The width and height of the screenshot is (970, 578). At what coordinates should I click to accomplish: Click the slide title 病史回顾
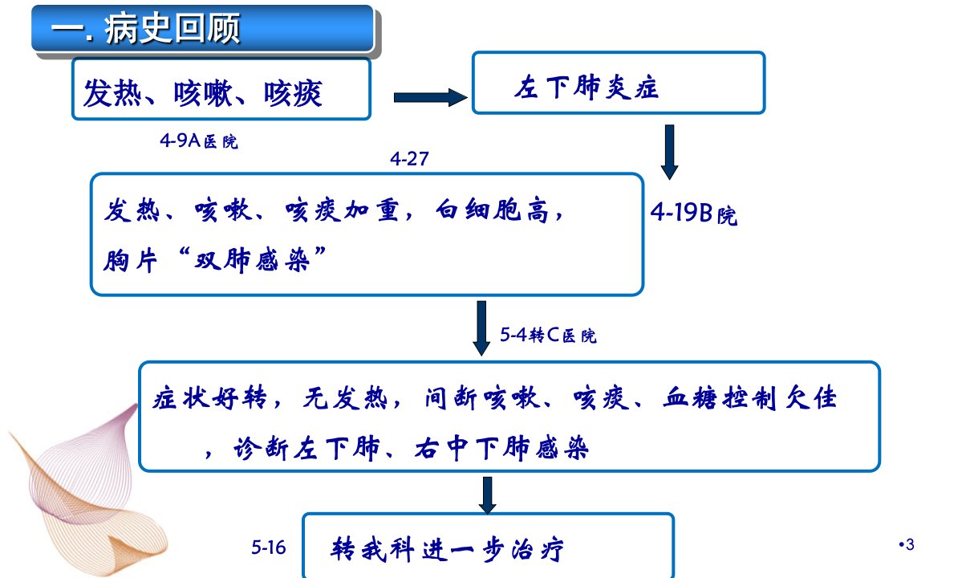[172, 29]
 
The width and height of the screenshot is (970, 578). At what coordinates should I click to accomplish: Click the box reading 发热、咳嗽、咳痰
[221, 89]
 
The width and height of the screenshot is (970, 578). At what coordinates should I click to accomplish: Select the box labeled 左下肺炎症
[619, 83]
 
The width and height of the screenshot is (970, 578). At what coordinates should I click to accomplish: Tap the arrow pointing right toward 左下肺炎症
[430, 97]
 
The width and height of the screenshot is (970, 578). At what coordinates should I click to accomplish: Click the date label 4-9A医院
[199, 141]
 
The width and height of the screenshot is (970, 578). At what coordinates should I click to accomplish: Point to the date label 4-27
[409, 159]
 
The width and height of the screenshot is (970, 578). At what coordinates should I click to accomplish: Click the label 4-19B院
[693, 214]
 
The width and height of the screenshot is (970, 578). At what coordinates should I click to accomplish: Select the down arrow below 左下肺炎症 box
[669, 152]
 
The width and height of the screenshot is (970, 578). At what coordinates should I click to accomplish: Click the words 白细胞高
[493, 211]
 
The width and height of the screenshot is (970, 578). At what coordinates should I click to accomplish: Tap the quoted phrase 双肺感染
[252, 260]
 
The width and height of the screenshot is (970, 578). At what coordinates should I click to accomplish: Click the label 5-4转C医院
[548, 335]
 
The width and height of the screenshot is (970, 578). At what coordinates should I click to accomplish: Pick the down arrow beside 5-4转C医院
[481, 328]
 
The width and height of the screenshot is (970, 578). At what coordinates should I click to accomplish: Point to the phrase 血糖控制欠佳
[749, 397]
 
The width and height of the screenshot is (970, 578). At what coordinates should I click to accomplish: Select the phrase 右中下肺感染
[501, 448]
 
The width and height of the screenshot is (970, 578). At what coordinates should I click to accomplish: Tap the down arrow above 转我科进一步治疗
[488, 495]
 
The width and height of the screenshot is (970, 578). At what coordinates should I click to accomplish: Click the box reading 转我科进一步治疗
[488, 546]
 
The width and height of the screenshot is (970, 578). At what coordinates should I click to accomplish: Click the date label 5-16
[269, 547]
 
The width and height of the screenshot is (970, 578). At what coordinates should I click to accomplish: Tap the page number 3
[910, 544]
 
